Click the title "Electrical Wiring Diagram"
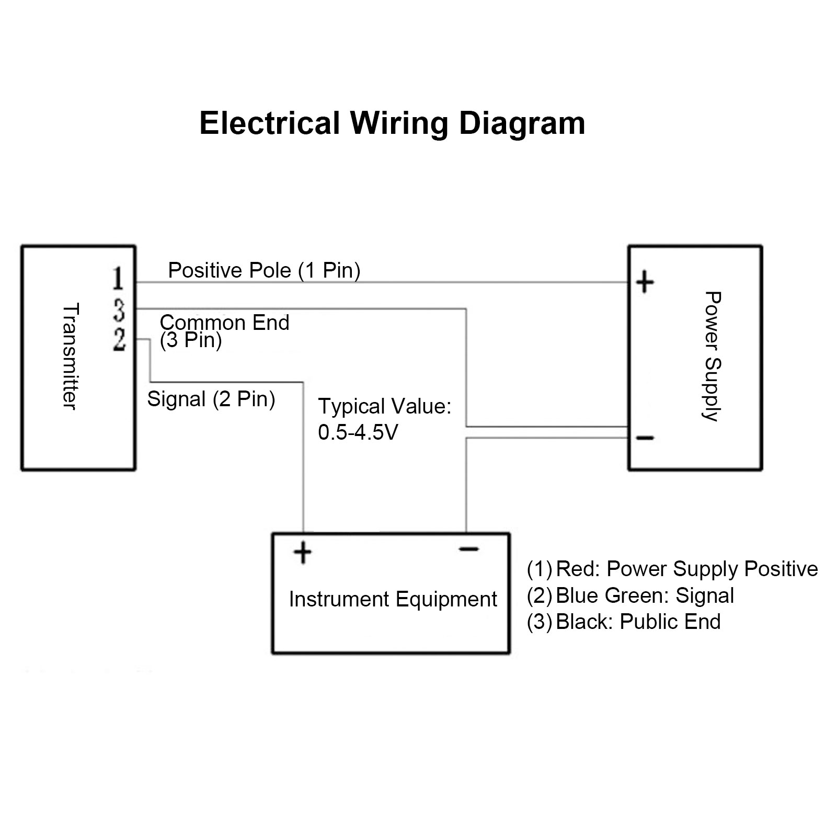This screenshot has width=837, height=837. pyautogui.click(x=392, y=124)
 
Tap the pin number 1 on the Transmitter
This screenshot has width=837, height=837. pyautogui.click(x=119, y=278)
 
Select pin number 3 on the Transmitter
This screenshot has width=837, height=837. pyautogui.click(x=119, y=309)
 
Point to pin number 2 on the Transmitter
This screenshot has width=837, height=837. pyautogui.click(x=119, y=340)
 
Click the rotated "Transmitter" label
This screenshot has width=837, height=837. pyautogui.click(x=70, y=357)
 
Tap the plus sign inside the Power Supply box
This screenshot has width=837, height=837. pyautogui.click(x=645, y=282)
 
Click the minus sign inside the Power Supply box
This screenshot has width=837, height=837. pyautogui.click(x=645, y=438)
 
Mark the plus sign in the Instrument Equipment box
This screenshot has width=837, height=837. pyautogui.click(x=303, y=553)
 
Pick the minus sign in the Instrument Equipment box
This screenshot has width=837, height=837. pyautogui.click(x=469, y=549)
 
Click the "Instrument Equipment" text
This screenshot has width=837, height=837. pyautogui.click(x=393, y=600)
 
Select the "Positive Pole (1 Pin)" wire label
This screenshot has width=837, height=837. pyautogui.click(x=264, y=271)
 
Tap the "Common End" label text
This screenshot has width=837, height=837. pyautogui.click(x=224, y=323)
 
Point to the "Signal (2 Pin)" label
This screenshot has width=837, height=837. pyautogui.click(x=211, y=399)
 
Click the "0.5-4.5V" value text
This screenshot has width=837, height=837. pyautogui.click(x=358, y=432)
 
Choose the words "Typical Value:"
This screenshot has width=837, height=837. pyautogui.click(x=385, y=406)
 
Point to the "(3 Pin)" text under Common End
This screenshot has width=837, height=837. pyautogui.click(x=191, y=340)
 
